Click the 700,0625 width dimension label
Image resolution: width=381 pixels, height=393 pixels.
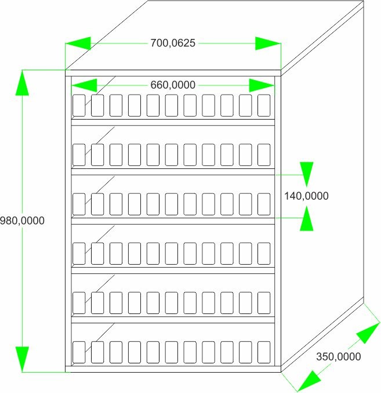[x=173, y=43]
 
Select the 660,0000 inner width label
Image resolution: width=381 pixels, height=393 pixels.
[x=173, y=85]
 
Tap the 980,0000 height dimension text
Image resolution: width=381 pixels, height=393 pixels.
[x=22, y=221]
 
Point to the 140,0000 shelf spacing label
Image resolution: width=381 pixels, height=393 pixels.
[x=306, y=196]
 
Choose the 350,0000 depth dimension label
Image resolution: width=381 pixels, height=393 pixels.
[x=339, y=356]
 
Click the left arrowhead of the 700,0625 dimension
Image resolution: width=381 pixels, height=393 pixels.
[x=78, y=44]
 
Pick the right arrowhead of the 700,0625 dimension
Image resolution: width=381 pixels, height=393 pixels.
[x=268, y=44]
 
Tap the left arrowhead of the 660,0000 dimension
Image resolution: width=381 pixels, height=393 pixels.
[x=84, y=85]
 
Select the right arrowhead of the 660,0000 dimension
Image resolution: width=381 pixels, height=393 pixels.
[x=262, y=85]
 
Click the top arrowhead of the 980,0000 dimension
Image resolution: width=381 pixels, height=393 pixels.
[x=22, y=82]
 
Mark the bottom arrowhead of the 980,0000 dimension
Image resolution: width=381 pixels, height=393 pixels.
[x=22, y=359]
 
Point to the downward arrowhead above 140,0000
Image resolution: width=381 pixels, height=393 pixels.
[x=307, y=175]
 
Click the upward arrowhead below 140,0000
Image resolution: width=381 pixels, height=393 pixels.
[x=307, y=218]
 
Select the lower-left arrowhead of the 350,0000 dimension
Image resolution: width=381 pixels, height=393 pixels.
[x=309, y=381]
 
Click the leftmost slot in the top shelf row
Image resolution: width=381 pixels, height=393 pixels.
[x=79, y=105]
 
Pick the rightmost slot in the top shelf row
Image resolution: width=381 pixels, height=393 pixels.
[x=264, y=105]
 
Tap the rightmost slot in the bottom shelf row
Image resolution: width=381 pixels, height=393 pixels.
[x=264, y=352]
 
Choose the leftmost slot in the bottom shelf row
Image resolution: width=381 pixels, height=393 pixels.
[x=79, y=352]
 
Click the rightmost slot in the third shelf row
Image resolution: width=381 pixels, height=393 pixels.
[x=264, y=204]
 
